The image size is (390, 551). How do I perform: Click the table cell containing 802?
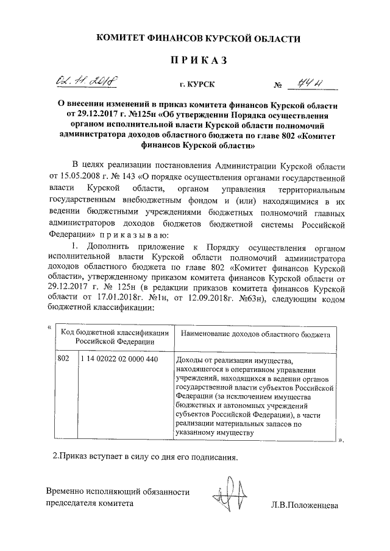(x=63, y=359)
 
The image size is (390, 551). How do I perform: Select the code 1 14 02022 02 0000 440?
(x=119, y=359)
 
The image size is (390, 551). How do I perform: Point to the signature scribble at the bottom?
(x=228, y=494)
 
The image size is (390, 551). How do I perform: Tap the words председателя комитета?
(x=89, y=504)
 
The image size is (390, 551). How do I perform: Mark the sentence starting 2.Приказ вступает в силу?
(x=143, y=455)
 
